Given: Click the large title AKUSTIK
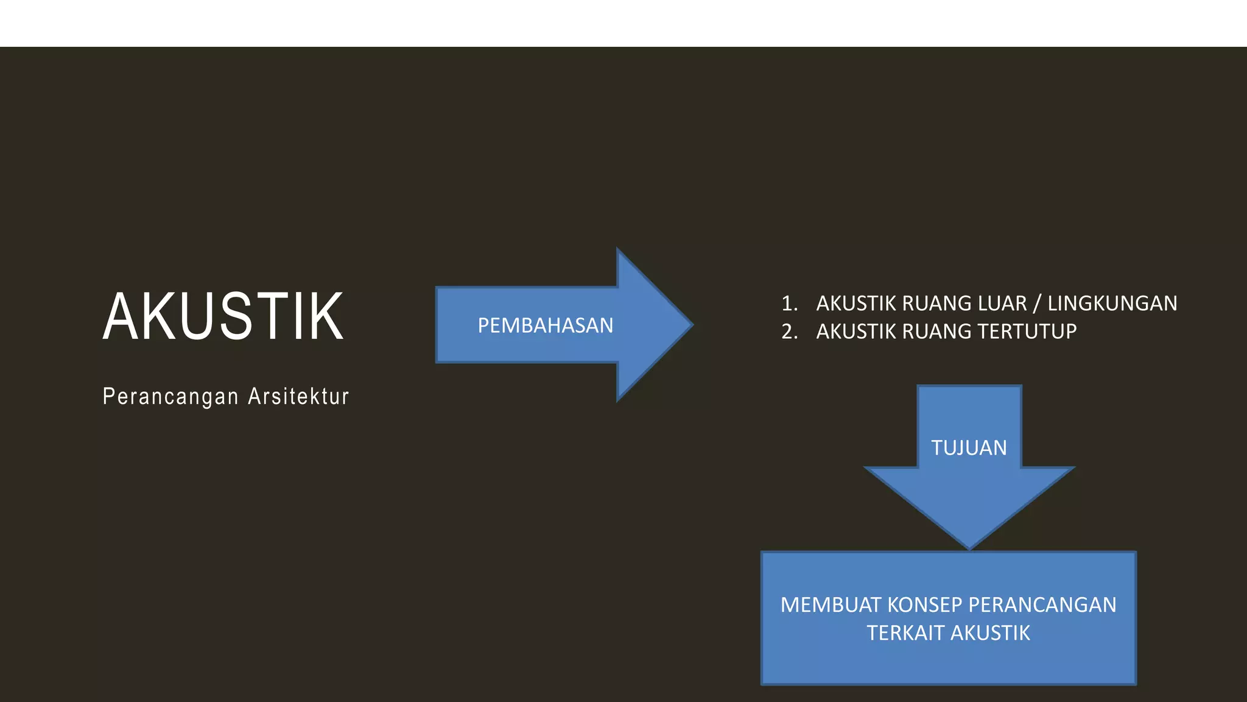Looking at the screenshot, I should pyautogui.click(x=223, y=316).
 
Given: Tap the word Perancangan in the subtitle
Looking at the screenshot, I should pyautogui.click(x=170, y=397).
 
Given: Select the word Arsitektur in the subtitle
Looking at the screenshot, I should pyautogui.click(x=298, y=397).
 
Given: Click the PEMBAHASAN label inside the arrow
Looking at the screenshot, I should pyautogui.click(x=545, y=325).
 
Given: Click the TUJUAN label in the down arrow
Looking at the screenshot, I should pyautogui.click(x=969, y=448).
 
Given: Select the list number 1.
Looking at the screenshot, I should pyautogui.click(x=789, y=303).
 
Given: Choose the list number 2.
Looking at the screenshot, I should pyautogui.click(x=789, y=331).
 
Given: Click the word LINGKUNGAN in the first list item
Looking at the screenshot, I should pyautogui.click(x=1112, y=303).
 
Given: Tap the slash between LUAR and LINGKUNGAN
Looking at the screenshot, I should pyautogui.click(x=1037, y=303).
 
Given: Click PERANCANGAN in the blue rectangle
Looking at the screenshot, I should pyautogui.click(x=1042, y=605).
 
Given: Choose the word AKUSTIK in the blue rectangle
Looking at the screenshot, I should pyautogui.click(x=990, y=633).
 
